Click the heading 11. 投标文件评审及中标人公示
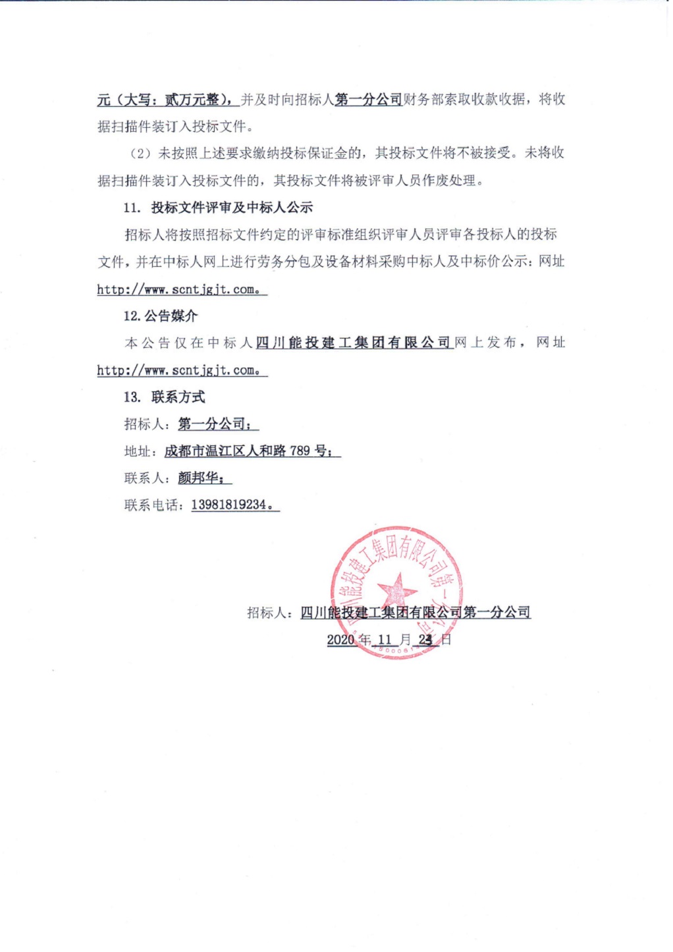tap(218, 208)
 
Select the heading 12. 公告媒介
tap(160, 316)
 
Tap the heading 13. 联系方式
tap(164, 397)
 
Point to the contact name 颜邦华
tap(201, 478)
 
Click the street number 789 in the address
tap(300, 451)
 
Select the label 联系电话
tap(151, 505)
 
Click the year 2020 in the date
tap(340, 640)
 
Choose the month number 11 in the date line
tap(385, 640)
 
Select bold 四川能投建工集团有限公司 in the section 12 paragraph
tap(353, 343)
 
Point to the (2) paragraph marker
tap(140, 154)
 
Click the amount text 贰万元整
tap(192, 99)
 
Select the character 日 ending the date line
tap(446, 640)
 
